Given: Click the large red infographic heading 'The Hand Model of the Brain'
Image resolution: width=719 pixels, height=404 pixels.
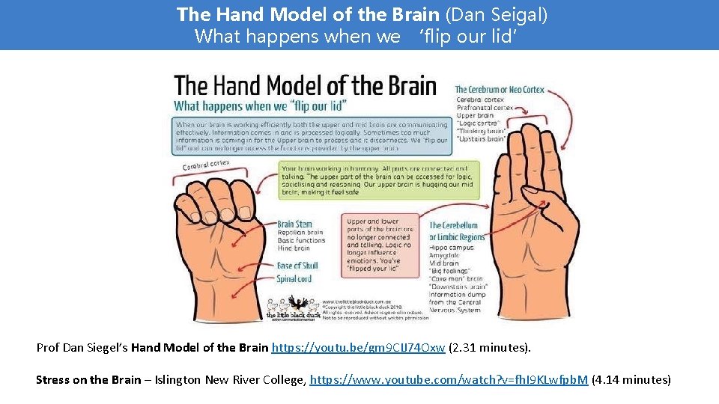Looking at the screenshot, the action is [305, 85].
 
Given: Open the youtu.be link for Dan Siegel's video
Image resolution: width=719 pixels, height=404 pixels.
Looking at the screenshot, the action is [359, 348].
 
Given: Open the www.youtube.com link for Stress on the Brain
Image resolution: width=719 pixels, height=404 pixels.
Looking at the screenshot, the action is [449, 380].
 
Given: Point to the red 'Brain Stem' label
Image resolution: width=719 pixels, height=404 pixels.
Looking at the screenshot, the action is [294, 224].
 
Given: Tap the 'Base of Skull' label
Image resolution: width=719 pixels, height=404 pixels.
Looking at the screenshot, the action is [297, 266].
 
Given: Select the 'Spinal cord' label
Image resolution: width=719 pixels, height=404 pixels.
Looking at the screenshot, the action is [294, 279].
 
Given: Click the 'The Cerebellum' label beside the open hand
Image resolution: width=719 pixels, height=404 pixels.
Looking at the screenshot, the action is [454, 225].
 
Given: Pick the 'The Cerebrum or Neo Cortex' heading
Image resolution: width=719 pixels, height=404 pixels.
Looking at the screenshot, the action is [500, 90].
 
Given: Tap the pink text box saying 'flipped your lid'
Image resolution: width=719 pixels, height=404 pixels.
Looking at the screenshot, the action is [379, 245].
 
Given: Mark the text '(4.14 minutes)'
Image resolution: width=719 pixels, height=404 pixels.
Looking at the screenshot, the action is [631, 380].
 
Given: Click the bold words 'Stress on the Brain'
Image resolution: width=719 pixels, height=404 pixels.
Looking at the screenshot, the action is [88, 380].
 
